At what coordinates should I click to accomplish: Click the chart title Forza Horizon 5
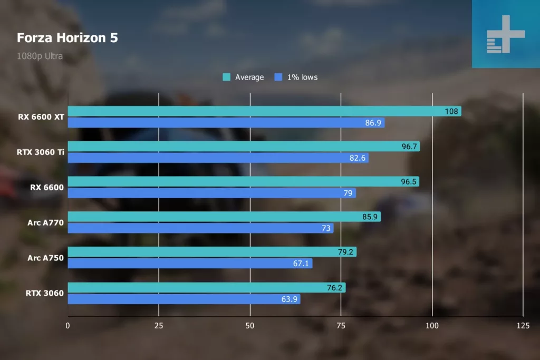[x=67, y=38]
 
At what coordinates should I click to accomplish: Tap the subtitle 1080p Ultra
[x=40, y=56]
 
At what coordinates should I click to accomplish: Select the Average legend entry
[x=243, y=77]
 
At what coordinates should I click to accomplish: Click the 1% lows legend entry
[x=296, y=77]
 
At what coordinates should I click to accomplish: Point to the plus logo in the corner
[x=506, y=34]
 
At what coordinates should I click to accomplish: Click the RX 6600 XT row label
[x=41, y=117]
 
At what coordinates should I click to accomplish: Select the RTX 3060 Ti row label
[x=40, y=152]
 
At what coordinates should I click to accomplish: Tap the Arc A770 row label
[x=46, y=223]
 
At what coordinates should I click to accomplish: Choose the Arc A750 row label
[x=46, y=258]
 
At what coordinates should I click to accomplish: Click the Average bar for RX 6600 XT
[x=264, y=111]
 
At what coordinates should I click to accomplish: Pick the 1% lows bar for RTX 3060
[x=184, y=299]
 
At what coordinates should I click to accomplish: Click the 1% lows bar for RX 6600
[x=211, y=193]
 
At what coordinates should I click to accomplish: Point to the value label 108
[x=452, y=111]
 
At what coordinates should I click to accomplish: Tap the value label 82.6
[x=359, y=158]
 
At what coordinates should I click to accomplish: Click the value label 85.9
[x=370, y=217]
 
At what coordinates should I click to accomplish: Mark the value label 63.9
[x=291, y=299]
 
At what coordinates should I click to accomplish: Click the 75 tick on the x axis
[x=341, y=326]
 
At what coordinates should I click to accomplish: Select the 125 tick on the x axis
[x=523, y=326]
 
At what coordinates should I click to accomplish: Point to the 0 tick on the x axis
[x=67, y=326]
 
